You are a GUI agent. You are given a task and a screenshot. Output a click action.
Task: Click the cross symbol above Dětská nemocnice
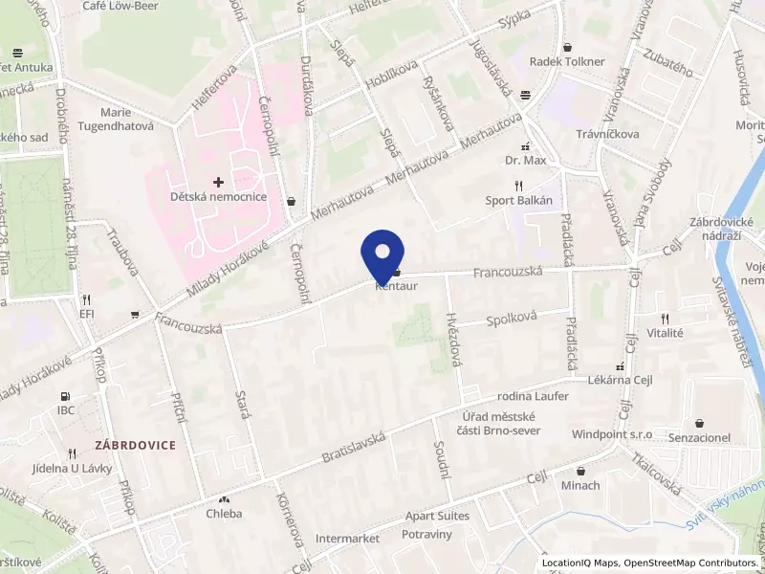(x=219, y=181)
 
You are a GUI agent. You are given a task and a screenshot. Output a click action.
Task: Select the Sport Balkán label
(x=519, y=200)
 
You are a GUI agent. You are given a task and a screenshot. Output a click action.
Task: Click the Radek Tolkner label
(x=568, y=61)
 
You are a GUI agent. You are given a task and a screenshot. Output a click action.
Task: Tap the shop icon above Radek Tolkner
(x=568, y=46)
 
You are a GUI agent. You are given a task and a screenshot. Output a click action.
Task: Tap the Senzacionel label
(x=700, y=437)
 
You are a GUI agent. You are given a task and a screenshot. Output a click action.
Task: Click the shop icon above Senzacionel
(x=700, y=422)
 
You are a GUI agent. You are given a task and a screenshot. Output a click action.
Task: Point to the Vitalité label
(x=665, y=333)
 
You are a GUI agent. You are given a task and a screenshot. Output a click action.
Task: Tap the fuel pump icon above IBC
(x=65, y=396)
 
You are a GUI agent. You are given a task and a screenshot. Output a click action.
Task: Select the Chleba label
(x=225, y=513)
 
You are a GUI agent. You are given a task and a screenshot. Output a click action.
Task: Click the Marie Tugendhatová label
(x=115, y=119)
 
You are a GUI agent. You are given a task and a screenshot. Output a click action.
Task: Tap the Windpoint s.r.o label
(x=612, y=433)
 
